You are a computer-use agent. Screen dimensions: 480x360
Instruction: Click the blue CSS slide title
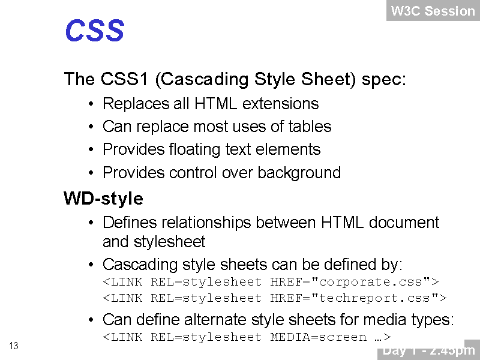click(x=95, y=30)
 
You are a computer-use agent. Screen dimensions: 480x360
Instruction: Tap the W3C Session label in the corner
click(x=433, y=11)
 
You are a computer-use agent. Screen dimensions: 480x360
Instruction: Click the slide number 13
click(x=14, y=346)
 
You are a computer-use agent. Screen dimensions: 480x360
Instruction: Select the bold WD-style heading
click(x=103, y=199)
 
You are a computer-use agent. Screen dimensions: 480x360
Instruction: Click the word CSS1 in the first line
click(x=124, y=79)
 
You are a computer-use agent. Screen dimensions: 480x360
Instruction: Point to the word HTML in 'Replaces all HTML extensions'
click(x=215, y=103)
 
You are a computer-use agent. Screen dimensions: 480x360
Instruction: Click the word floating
click(x=194, y=150)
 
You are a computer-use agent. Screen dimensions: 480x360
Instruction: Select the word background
click(x=299, y=173)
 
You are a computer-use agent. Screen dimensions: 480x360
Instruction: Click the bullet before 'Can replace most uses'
click(x=91, y=127)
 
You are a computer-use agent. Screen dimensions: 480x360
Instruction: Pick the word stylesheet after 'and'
click(x=169, y=242)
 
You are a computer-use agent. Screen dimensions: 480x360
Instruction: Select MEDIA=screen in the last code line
click(x=319, y=337)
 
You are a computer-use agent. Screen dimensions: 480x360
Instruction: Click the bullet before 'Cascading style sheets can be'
click(x=91, y=265)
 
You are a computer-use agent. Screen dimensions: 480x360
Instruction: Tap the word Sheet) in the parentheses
click(x=328, y=79)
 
